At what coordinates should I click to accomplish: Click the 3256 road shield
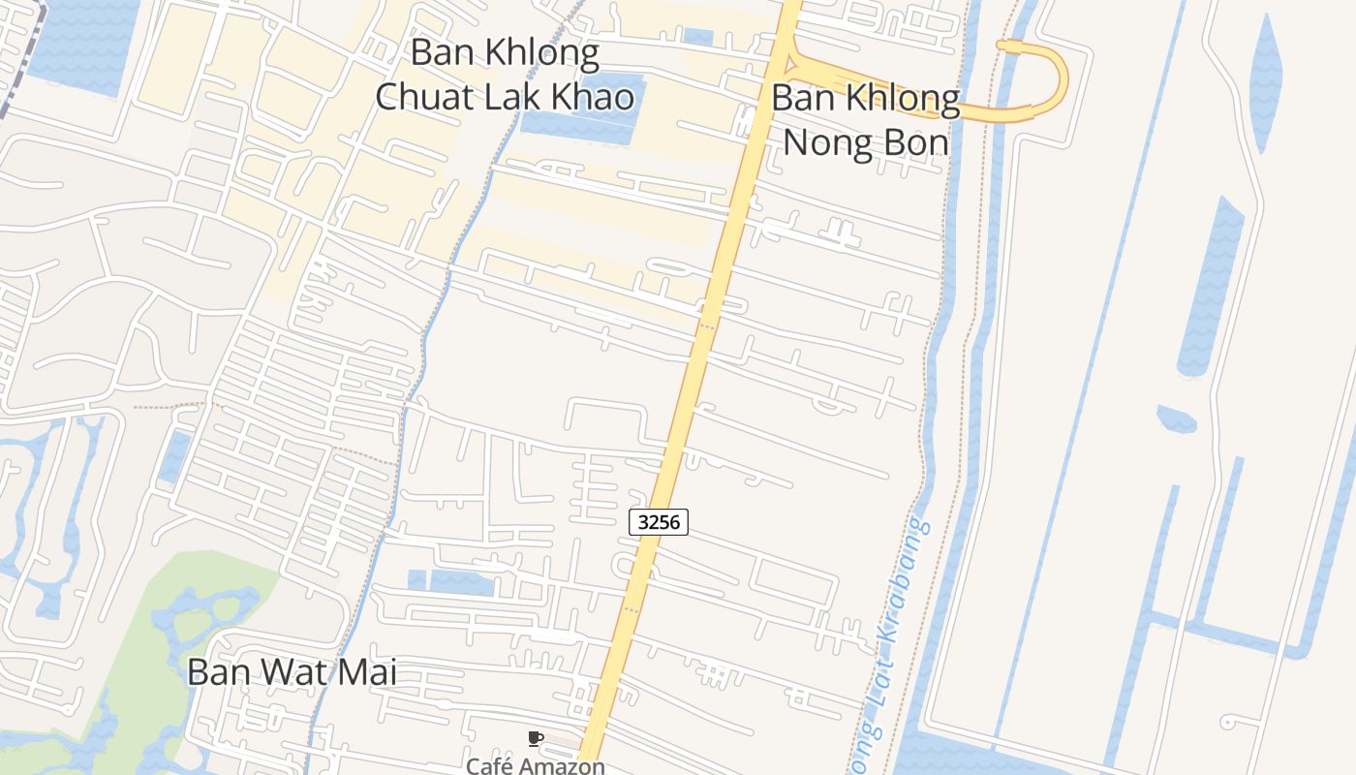point(659,522)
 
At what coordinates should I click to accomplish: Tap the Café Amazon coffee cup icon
point(535,739)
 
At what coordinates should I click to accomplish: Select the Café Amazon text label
point(536,765)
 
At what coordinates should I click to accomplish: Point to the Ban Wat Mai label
point(292,671)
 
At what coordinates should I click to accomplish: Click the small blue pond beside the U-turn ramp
point(697,37)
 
